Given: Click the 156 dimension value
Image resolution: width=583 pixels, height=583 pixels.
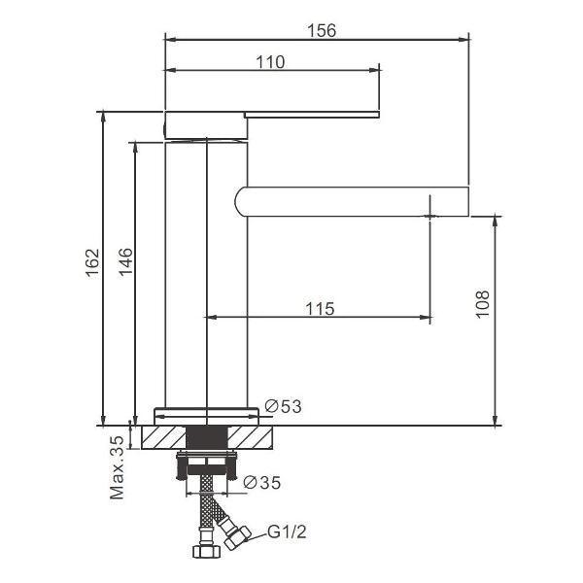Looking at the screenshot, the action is pos(322,30).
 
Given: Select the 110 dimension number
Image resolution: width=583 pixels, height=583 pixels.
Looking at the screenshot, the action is pos(270,62).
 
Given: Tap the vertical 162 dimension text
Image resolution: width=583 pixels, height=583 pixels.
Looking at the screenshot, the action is pos(92,263).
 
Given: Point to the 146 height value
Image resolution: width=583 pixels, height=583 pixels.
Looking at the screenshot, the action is pos(125,261).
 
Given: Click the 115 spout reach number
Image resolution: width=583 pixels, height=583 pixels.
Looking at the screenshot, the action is pos(320,309).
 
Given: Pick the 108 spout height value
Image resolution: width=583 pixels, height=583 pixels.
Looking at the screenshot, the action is pos(483,304).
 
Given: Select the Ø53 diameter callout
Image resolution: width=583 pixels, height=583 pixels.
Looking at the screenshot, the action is pos(284,406).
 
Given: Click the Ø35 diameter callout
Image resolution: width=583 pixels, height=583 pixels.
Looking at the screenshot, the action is pos(261,483).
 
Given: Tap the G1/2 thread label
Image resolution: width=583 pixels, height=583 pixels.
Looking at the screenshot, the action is pos(287,532).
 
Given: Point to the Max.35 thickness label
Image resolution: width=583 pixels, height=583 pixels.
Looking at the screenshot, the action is pos(117,467).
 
